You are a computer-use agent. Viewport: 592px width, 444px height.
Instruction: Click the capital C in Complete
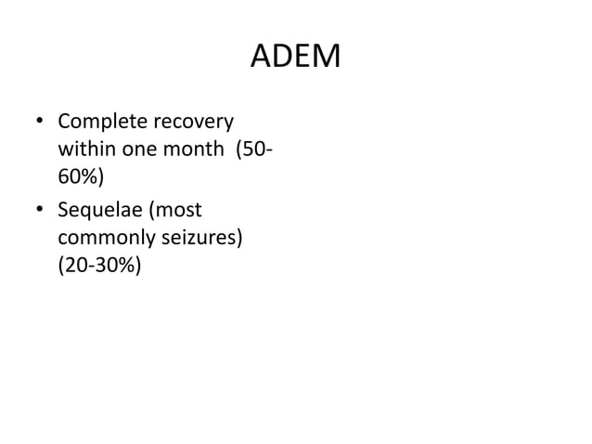click(64, 123)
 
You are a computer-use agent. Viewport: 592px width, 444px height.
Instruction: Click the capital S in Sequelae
click(63, 211)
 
